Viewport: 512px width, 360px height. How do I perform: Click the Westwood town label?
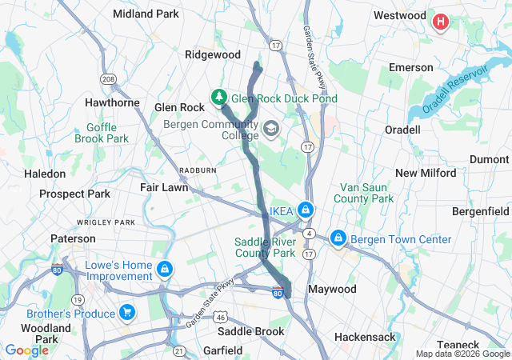[399, 15]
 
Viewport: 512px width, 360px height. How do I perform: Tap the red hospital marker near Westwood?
[440, 22]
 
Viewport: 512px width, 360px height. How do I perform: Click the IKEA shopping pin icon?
[305, 210]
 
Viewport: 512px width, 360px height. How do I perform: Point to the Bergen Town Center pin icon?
[338, 239]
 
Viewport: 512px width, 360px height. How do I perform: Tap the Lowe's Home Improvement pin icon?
[165, 269]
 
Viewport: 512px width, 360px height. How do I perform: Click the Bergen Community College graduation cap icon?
[272, 129]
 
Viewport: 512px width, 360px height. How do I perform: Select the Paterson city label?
[73, 238]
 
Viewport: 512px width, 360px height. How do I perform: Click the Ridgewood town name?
[213, 54]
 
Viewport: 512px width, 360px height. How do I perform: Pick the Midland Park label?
[146, 14]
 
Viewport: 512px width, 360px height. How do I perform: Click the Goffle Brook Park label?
[102, 132]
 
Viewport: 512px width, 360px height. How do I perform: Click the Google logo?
[27, 350]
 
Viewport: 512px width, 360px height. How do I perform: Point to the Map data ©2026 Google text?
[461, 354]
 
